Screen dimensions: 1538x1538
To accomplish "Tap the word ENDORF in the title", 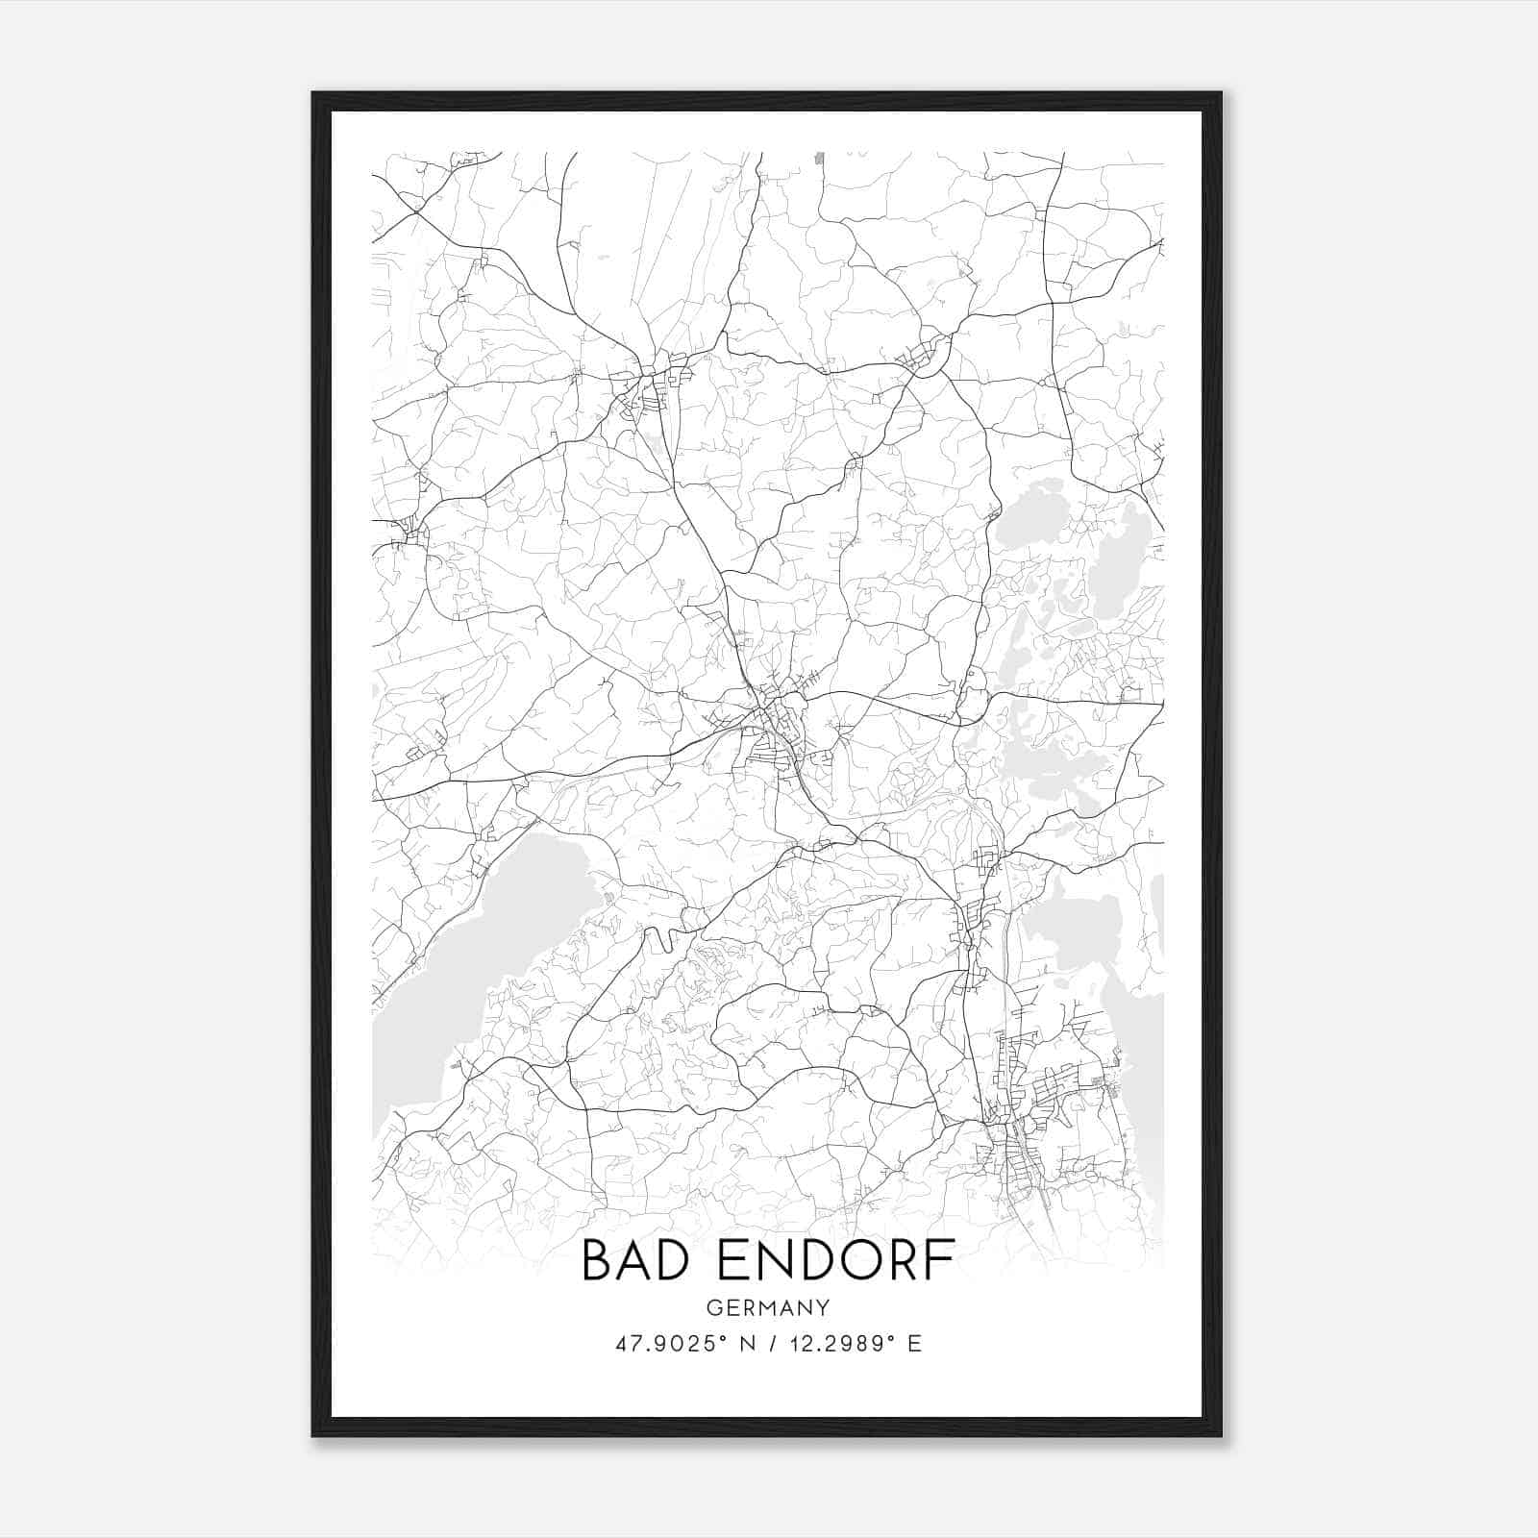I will pyautogui.click(x=833, y=1260).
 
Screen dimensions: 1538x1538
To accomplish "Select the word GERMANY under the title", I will pyautogui.click(x=768, y=1307).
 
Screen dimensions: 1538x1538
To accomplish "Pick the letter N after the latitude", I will pyautogui.click(x=745, y=1344).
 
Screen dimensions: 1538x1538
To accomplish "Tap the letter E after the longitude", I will pyautogui.click(x=914, y=1344).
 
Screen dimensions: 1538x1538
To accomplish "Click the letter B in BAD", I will pyautogui.click(x=597, y=1260).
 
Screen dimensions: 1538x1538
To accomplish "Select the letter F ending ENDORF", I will pyautogui.click(x=943, y=1260).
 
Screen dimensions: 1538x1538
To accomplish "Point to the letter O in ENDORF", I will pyautogui.click(x=856, y=1260).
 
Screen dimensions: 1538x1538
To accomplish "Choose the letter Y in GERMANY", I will pyautogui.click(x=823, y=1307).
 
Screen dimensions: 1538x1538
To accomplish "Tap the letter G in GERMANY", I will pyautogui.click(x=712, y=1307).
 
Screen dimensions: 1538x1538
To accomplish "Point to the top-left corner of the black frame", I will pyautogui.click(x=314, y=94).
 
